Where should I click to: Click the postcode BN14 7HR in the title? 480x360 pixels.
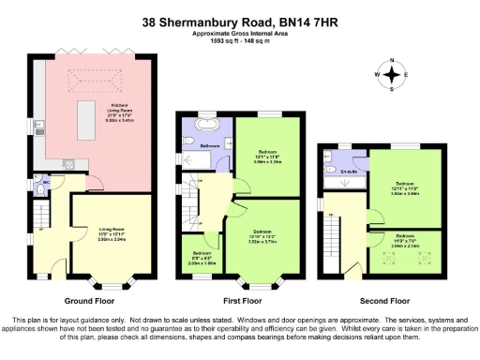[307, 20]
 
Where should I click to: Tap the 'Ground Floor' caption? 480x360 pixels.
[89, 301]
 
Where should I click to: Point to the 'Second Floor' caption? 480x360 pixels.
[385, 301]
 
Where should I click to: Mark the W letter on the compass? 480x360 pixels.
[379, 74]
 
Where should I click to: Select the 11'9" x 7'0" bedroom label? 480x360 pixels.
[405, 241]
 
